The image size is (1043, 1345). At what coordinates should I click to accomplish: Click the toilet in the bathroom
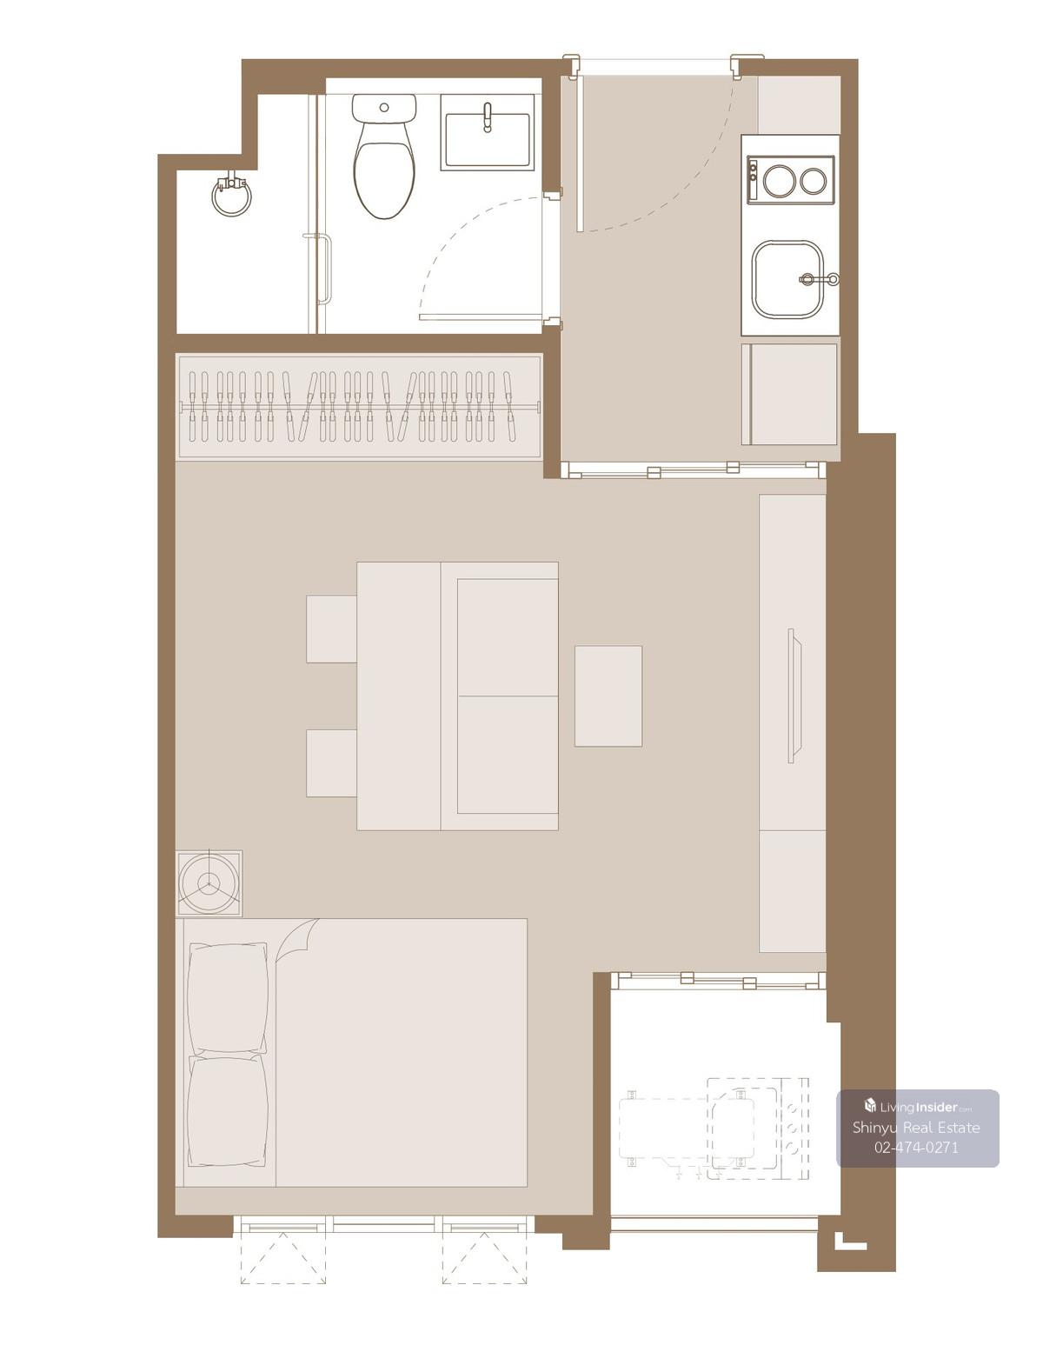(x=383, y=156)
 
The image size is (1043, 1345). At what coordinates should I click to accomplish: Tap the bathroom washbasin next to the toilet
(x=487, y=132)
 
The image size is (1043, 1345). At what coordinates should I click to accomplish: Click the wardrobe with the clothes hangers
(x=359, y=406)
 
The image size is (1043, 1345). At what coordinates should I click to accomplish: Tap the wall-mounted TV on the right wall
(x=794, y=696)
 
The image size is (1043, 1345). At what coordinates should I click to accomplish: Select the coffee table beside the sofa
(x=608, y=696)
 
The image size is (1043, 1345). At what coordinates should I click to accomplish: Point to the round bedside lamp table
(x=209, y=882)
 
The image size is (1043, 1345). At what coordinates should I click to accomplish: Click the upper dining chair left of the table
(x=331, y=629)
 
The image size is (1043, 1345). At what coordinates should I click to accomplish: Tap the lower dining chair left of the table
(x=331, y=763)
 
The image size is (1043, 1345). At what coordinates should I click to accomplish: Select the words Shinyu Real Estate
(x=915, y=1127)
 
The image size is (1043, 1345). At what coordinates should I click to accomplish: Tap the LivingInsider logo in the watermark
(x=918, y=1106)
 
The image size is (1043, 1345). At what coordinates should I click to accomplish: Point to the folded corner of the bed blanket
(x=297, y=940)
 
